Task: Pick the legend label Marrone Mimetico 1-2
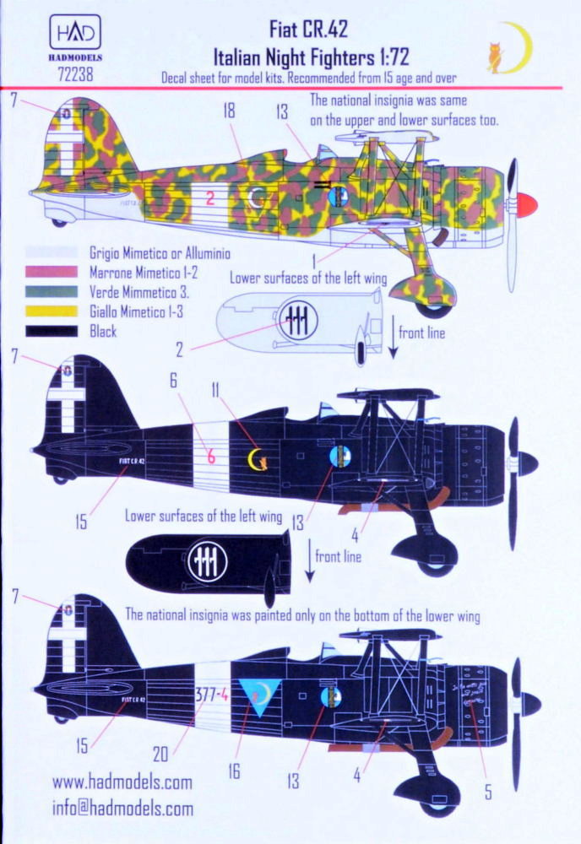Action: (144, 273)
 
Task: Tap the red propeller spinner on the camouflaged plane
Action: (524, 203)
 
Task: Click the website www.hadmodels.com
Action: (122, 782)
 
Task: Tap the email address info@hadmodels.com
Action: (122, 808)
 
